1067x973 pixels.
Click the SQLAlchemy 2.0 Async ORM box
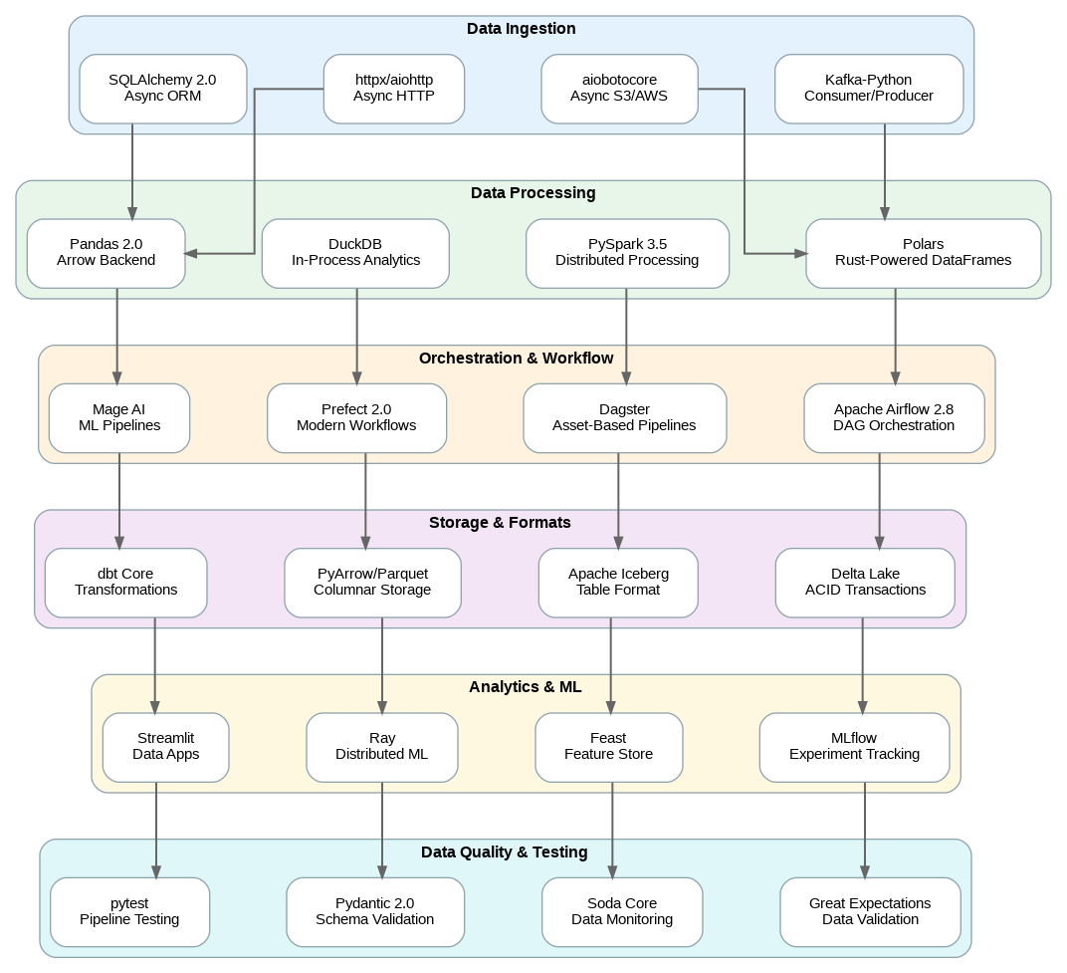point(162,89)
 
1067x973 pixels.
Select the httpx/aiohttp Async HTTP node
point(393,89)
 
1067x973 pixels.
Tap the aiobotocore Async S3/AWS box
point(619,89)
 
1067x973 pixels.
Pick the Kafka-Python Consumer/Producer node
point(868,89)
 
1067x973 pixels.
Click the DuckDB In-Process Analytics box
point(355,253)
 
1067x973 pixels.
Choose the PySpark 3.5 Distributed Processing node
point(627,253)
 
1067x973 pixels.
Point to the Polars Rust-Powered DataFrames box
point(923,253)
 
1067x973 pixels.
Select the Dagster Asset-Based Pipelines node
point(624,417)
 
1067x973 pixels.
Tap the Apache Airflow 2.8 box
point(893,417)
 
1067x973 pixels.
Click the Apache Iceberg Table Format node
point(618,583)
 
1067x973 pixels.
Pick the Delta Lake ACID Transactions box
point(865,583)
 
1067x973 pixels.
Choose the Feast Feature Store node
point(608,747)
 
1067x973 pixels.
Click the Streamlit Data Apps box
point(165,747)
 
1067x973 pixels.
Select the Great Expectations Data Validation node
point(870,911)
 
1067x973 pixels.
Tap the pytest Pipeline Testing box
point(129,911)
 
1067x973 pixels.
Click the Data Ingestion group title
point(521,29)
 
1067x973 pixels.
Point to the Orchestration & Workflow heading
point(516,359)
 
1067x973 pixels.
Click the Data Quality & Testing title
point(504,852)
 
